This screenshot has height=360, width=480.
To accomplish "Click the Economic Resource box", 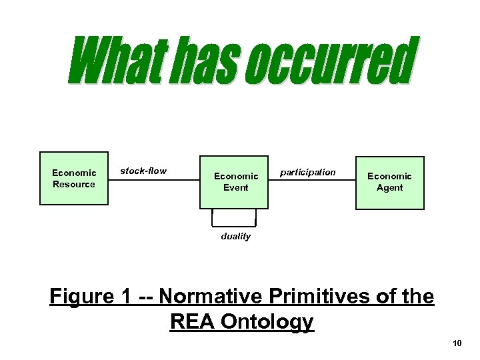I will pos(74,178).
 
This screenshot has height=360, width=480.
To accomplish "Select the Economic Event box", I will pos(235,182).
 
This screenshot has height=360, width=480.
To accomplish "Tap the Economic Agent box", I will pos(389,182).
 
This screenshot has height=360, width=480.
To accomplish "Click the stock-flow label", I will pos(143,171).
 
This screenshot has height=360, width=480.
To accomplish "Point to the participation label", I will pos(307,172).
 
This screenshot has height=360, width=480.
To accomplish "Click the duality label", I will pos(235,236).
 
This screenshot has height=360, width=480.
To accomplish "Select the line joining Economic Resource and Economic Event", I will pos(153,179).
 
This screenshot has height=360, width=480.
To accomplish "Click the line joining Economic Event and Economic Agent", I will pos(312,181).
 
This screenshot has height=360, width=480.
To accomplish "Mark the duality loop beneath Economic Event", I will pos(234,223).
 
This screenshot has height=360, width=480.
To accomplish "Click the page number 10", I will pos(457,343).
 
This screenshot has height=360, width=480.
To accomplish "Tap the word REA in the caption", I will pos(194,321).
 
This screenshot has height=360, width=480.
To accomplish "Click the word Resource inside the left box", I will pos(74,184).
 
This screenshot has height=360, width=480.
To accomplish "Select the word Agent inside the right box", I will pos(389,188).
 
